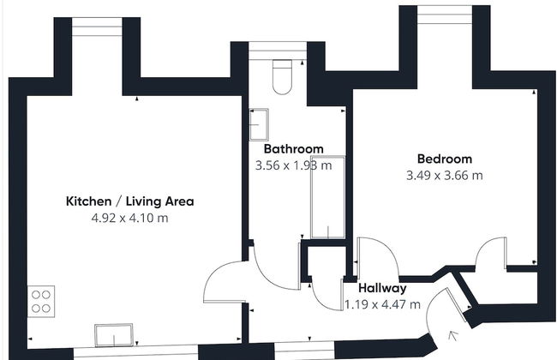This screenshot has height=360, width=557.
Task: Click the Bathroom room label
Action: (x=294, y=148)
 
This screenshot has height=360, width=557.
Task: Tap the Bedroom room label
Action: (x=445, y=159)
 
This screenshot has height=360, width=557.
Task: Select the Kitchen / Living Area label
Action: (x=130, y=201)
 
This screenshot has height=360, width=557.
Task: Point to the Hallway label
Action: (x=382, y=288)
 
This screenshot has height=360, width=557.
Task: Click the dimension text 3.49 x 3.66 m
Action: (x=445, y=176)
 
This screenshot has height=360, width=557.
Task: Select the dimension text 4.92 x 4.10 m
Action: (x=129, y=218)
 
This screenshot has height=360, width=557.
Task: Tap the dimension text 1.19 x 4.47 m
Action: (x=382, y=304)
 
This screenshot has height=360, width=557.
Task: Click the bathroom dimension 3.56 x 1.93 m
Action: (x=293, y=165)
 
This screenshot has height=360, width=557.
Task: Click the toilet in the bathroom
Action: (x=283, y=77)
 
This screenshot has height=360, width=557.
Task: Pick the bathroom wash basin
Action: (x=259, y=124)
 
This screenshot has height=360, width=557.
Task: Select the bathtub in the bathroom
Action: (x=328, y=197)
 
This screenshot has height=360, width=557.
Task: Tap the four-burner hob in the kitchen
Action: (x=41, y=302)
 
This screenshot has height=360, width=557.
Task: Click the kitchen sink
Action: (x=114, y=335)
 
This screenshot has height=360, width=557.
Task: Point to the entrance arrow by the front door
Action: (x=452, y=335)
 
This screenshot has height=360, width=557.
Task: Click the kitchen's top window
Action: (x=97, y=27)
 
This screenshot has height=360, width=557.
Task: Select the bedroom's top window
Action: (x=445, y=15)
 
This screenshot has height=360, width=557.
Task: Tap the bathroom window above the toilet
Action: (x=278, y=51)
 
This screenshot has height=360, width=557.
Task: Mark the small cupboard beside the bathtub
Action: (x=326, y=261)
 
